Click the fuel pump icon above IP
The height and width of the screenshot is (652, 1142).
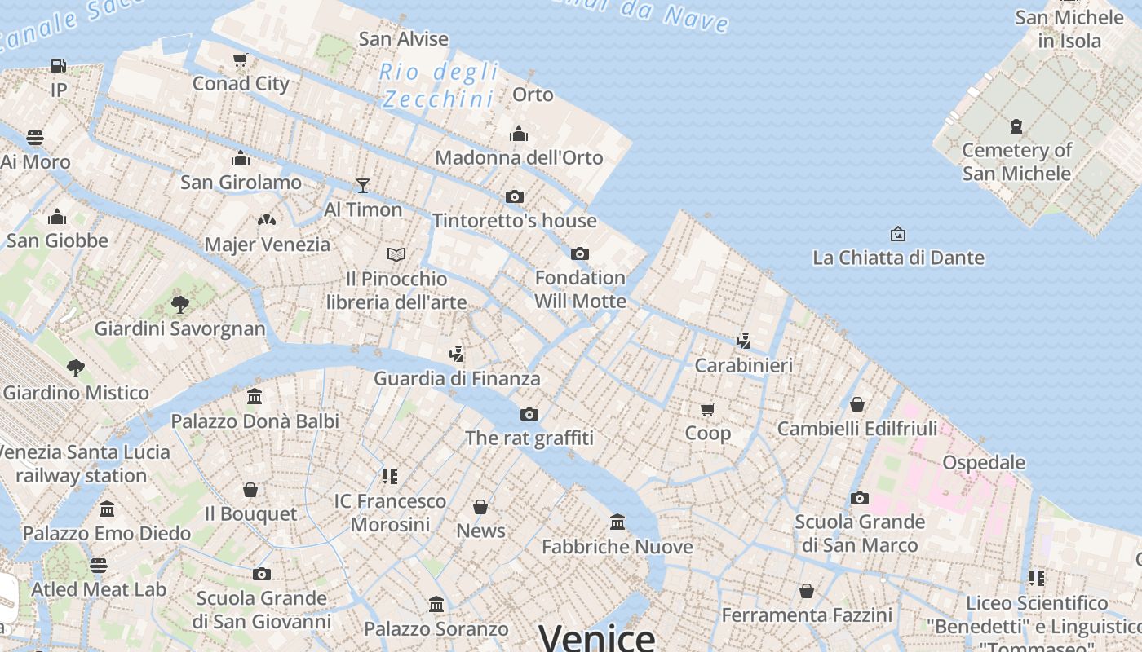(58, 66)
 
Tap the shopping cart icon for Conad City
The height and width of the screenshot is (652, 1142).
(240, 59)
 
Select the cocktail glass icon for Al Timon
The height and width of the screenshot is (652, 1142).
(363, 186)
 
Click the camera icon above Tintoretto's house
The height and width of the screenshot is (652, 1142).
(514, 196)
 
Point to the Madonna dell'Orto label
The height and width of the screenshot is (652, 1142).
(519, 157)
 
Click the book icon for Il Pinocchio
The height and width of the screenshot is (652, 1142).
(396, 254)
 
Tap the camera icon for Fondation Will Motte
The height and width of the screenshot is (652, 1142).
(580, 253)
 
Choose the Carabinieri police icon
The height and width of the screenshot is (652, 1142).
(743, 341)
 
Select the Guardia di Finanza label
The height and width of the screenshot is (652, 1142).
(457, 378)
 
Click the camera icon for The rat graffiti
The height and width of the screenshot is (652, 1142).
(529, 414)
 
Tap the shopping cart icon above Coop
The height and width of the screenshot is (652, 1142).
(707, 409)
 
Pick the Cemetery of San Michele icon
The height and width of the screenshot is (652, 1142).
(1016, 126)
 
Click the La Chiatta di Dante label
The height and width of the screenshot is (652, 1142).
(898, 258)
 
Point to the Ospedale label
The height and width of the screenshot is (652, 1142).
(983, 462)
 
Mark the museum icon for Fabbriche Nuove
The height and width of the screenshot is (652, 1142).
(617, 522)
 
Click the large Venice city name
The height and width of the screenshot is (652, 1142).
(597, 637)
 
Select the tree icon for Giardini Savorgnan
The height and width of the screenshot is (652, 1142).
(180, 305)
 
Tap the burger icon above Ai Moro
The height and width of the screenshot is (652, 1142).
(35, 137)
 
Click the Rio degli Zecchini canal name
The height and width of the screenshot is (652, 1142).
(439, 85)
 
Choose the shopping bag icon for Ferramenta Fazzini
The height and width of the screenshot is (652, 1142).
(807, 591)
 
